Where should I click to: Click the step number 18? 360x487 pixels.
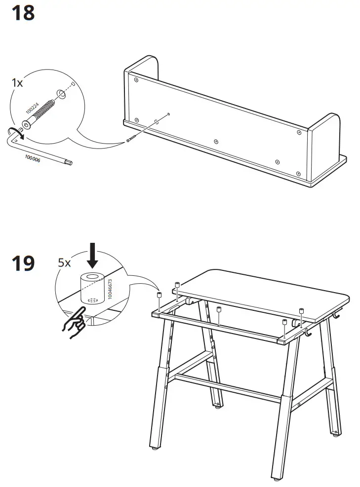pyautogui.click(x=23, y=12)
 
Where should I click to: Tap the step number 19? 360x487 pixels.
pyautogui.click(x=23, y=263)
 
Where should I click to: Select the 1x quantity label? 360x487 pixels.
pyautogui.click(x=17, y=83)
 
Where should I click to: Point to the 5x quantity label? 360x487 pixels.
pyautogui.click(x=65, y=262)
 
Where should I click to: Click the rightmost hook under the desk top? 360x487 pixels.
pyautogui.click(x=339, y=314)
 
